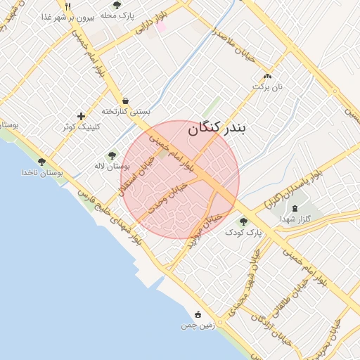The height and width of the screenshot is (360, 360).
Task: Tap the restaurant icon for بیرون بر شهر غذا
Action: [x=67, y=6]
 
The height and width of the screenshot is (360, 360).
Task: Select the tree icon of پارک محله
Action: [x=117, y=6]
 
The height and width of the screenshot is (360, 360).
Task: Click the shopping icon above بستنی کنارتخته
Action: [x=125, y=100]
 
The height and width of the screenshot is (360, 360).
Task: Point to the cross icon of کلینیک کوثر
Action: [x=82, y=116]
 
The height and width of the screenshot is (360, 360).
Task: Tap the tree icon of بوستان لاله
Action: [x=112, y=155]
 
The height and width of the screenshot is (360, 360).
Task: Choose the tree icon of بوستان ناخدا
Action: [x=41, y=162]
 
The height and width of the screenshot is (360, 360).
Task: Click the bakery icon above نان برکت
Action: [x=266, y=76]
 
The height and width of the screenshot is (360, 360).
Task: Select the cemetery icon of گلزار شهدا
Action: [x=294, y=208]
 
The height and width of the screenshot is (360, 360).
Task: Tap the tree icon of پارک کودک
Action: [x=243, y=221]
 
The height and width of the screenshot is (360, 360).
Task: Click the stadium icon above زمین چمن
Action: [x=198, y=314]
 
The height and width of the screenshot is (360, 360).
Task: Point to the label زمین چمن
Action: [x=198, y=326]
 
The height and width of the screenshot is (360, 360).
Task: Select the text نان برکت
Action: [x=267, y=86]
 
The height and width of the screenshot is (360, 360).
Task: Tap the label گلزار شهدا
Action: [x=295, y=219]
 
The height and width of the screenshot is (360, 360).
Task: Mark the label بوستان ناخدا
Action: [x=42, y=172]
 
